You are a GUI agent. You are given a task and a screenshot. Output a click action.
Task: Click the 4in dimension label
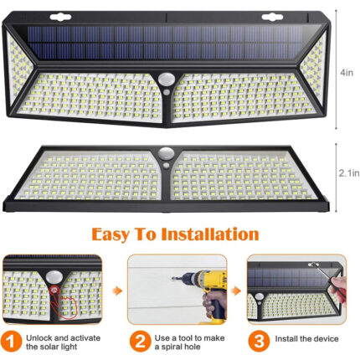[347, 73]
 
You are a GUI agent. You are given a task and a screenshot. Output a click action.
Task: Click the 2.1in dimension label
[349, 173]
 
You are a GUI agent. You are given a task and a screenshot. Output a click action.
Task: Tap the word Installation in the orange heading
[210, 234]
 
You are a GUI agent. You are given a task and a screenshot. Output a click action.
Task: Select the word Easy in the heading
[111, 235]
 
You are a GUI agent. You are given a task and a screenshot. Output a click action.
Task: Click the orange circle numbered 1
[11, 342]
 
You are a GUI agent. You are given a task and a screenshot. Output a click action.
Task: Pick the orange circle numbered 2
[141, 342]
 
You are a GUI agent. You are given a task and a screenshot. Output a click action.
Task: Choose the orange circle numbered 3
[259, 342]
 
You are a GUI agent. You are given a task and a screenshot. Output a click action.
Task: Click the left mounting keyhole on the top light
[60, 18]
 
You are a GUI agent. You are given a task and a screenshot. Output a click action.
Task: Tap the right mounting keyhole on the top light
[272, 18]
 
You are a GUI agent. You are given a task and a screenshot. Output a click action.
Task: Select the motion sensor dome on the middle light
[167, 154]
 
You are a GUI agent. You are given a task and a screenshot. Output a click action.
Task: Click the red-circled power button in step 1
[54, 291]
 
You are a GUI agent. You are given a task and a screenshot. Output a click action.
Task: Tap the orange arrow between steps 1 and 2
[117, 291]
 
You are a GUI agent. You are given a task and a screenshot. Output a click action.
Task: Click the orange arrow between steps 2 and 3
[236, 291]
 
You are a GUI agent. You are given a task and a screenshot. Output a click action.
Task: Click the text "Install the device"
[306, 339]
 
